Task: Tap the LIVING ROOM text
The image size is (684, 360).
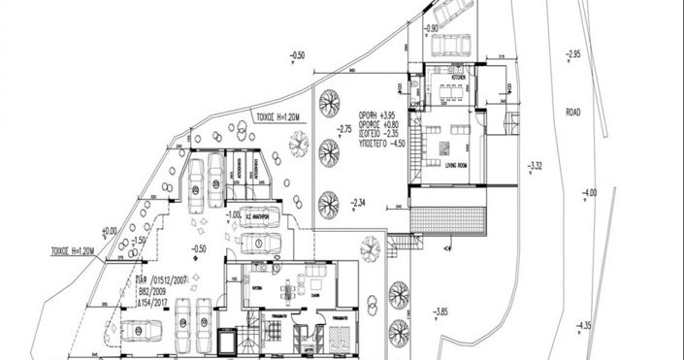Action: (445, 166)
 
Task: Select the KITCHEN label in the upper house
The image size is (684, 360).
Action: (457, 76)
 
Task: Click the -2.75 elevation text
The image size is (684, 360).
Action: (343, 128)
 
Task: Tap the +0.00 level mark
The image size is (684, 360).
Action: (108, 230)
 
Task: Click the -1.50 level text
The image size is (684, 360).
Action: (140, 240)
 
